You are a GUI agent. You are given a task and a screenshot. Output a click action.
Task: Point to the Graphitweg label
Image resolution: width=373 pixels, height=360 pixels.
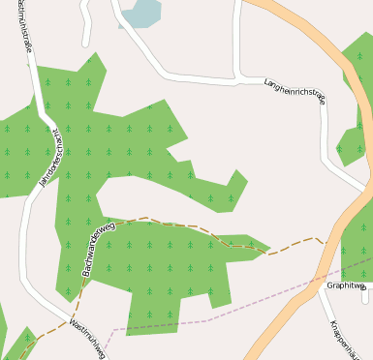click(x=346, y=285)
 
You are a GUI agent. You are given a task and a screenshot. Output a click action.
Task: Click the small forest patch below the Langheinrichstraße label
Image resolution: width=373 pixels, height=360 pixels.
click(x=349, y=145)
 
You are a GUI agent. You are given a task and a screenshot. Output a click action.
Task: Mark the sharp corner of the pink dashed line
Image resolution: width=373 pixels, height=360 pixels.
click(x=112, y=330)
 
